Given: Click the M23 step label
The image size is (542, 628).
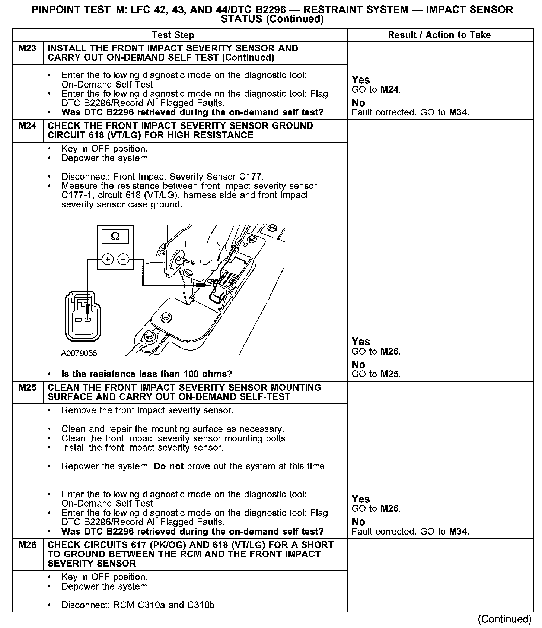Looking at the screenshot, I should coord(28,48).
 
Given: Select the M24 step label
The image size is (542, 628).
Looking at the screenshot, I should coord(28,126).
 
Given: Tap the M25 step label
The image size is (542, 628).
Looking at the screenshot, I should coord(28,388).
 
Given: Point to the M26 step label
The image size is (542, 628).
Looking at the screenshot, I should coord(28,545).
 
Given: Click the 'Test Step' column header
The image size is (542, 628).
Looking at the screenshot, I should coord(173,35).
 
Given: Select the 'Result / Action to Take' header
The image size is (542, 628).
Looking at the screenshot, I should coord(439,35).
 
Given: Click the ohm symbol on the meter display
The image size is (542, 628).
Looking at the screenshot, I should coord(115,237).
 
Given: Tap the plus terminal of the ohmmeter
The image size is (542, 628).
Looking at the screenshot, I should coord(107,259).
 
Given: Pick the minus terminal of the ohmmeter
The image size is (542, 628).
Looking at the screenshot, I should coord(124,259).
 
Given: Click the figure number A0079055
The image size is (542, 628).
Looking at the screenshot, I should coord(79,353).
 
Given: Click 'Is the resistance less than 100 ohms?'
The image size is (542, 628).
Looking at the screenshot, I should coord(147,374).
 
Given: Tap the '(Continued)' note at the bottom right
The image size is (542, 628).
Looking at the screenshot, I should coord(505,619).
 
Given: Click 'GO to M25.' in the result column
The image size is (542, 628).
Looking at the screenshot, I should coord(376,374).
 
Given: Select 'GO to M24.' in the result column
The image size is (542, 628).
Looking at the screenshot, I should coord(376,90).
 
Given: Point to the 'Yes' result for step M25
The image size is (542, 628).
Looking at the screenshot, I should coord(361,499).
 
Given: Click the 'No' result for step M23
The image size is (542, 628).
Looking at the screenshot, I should coord(358,102).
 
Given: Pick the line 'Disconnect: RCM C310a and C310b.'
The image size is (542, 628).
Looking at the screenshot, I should coord(139,605).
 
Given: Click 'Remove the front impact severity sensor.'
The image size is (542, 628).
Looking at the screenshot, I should coord(147,410).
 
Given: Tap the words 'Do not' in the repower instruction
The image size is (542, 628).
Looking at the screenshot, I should coord(169,466).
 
